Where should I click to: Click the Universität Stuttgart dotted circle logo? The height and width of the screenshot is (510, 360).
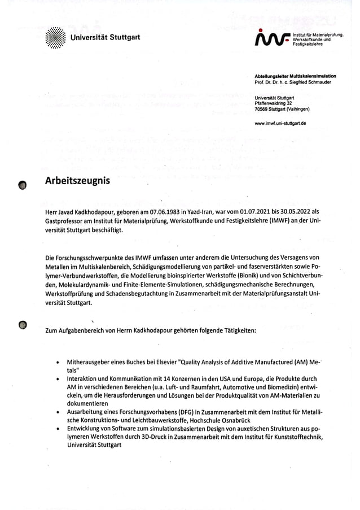(x=55, y=38)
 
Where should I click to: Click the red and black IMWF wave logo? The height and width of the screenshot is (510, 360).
(x=271, y=39)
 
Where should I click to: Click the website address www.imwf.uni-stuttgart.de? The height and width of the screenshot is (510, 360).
(x=280, y=123)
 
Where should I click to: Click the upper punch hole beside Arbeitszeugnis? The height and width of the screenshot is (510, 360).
(x=23, y=185)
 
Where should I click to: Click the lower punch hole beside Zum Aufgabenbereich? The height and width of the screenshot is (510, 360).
(x=23, y=325)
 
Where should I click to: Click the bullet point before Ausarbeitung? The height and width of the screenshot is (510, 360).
(x=58, y=413)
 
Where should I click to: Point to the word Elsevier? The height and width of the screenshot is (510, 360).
(x=164, y=360)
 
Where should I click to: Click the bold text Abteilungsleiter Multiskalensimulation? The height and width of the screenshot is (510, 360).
(x=295, y=76)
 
